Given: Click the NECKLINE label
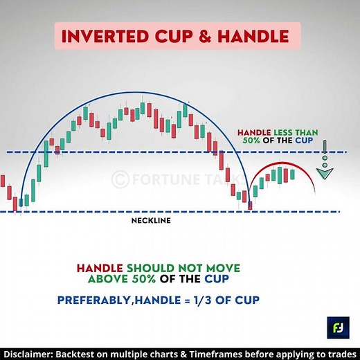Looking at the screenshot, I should (x=151, y=222).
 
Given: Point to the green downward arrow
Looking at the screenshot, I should (x=323, y=166).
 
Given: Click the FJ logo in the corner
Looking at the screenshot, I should (x=336, y=325).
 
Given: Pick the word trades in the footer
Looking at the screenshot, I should (x=339, y=352).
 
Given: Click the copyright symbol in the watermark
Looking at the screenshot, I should (x=120, y=178).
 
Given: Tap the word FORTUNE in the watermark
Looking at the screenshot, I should (x=163, y=178).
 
